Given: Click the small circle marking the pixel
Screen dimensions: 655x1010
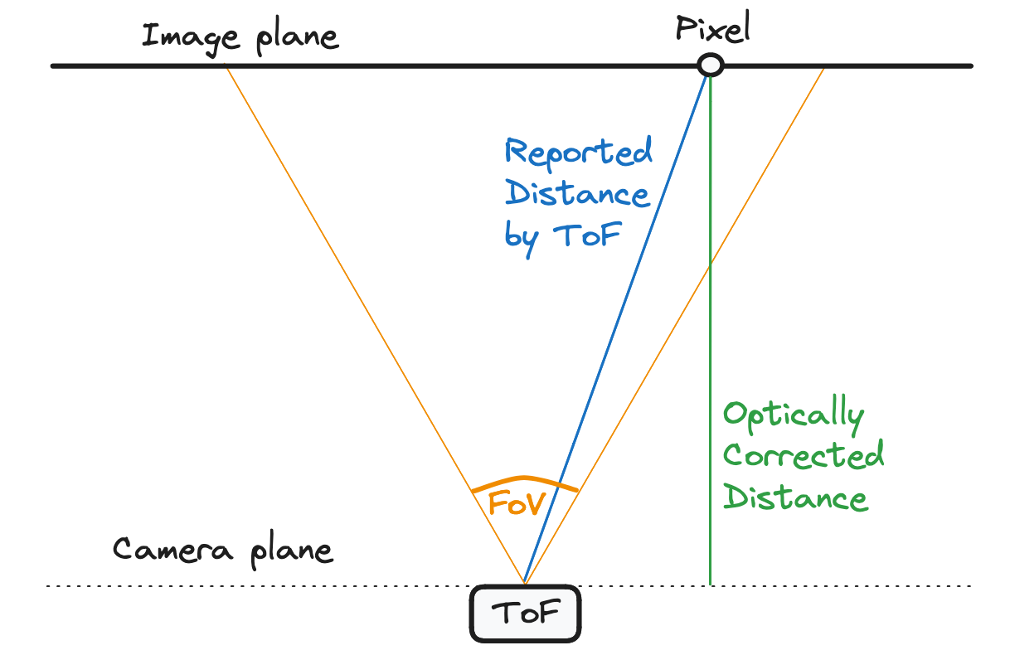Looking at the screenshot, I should point(710,65).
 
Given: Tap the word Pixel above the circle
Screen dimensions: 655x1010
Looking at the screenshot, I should point(712,29).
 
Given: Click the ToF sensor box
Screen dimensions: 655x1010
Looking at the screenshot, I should point(525,614).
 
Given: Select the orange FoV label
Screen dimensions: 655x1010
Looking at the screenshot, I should point(515,503).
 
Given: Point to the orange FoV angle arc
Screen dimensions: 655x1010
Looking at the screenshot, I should point(524,480).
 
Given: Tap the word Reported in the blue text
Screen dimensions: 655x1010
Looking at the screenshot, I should point(579,153).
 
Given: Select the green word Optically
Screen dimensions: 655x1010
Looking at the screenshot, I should point(794,415).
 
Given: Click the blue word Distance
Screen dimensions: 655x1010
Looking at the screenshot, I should point(577,194).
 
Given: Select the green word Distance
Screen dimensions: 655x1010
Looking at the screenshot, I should point(795,498).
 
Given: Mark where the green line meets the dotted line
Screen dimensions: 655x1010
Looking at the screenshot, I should point(711,585).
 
